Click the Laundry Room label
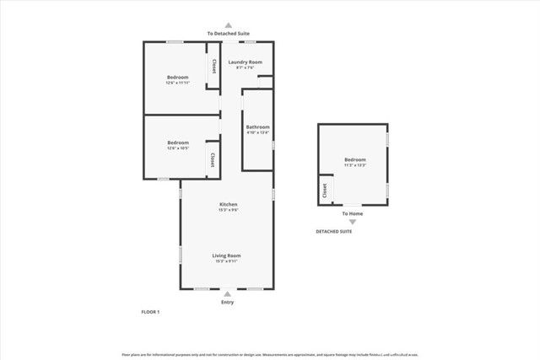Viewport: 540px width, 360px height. click(x=246, y=62)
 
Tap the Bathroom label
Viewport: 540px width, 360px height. click(x=258, y=126)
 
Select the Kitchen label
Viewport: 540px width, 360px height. click(x=228, y=204)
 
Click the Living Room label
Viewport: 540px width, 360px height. click(x=227, y=255)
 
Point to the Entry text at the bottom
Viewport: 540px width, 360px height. click(x=228, y=302)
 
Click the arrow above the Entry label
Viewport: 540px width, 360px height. click(x=228, y=293)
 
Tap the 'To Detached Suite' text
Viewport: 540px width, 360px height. click(x=228, y=33)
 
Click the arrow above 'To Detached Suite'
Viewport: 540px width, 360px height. click(x=228, y=25)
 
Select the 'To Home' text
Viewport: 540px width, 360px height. click(x=353, y=213)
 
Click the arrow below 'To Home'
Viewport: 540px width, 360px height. click(x=353, y=222)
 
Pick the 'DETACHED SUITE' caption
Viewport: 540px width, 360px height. click(x=334, y=231)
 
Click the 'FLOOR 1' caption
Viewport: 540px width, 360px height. click(x=150, y=312)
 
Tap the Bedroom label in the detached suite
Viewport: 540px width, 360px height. click(x=355, y=159)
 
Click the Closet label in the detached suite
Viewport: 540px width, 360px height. click(x=325, y=191)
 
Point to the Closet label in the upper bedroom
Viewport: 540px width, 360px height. click(x=213, y=67)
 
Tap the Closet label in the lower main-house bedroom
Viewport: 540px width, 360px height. click(x=211, y=160)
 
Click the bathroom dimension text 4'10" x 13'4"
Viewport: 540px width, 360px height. click(x=258, y=132)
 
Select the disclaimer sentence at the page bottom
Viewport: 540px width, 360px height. click(x=269, y=354)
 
